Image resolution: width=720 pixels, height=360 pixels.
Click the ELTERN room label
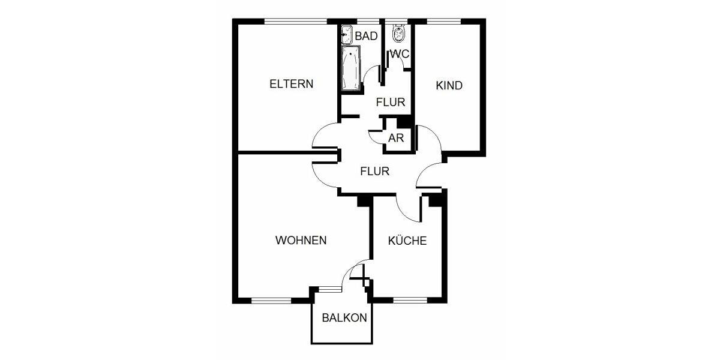pos(291,84)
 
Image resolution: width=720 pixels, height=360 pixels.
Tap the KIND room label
pos(449,86)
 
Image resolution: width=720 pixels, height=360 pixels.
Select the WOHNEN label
pos(301,241)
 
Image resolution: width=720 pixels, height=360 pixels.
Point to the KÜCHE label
pos(407,241)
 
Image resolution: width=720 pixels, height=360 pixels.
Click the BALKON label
pos(344,318)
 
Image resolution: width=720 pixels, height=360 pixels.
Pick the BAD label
pos(366,36)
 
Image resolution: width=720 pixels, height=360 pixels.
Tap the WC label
pos(400,54)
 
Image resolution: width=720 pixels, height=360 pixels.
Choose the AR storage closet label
pos(395,138)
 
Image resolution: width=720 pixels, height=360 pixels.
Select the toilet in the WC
pos(398,33)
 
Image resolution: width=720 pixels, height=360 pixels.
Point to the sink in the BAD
pos(346,35)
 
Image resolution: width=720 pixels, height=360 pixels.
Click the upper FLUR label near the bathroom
pos(391,103)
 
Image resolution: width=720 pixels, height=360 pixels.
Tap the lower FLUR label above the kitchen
pos(374,171)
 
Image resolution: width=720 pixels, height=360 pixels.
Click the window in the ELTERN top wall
pos(296,21)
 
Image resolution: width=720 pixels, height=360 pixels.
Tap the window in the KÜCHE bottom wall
pos(409,299)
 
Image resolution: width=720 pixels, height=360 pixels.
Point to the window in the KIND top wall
pos(444,21)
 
